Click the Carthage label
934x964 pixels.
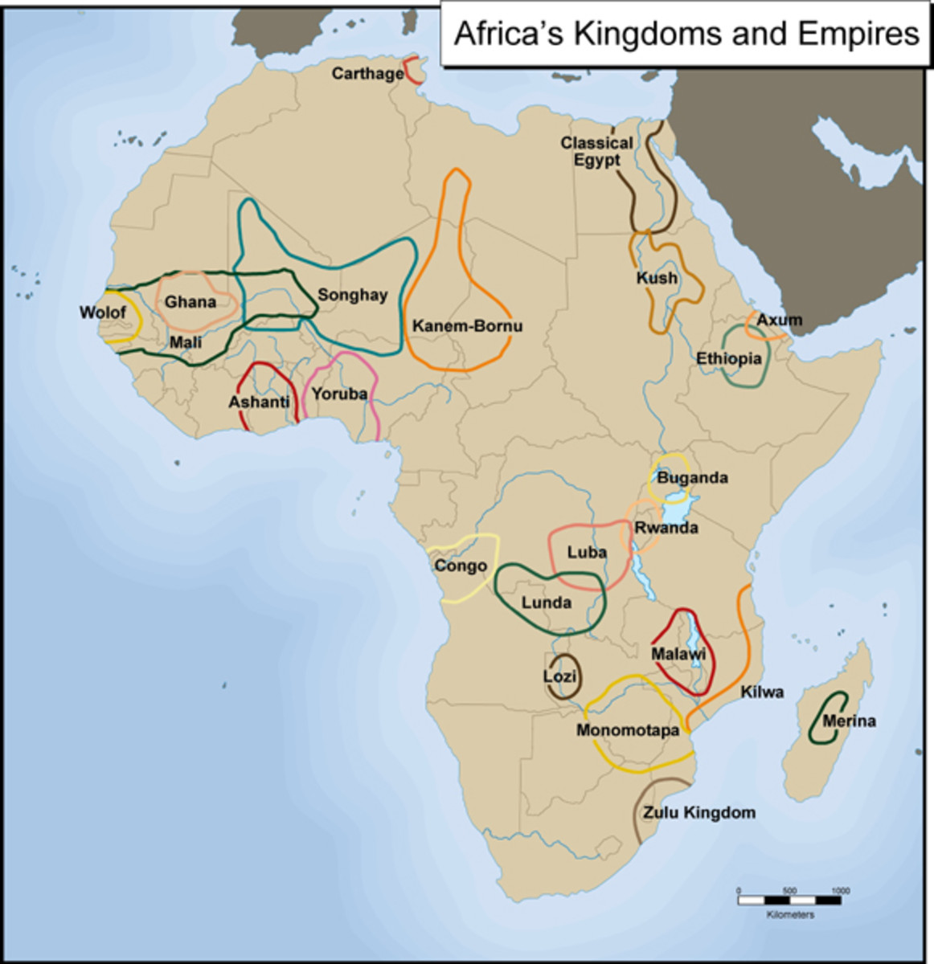coord(367,74)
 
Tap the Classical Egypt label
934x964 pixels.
coord(596,151)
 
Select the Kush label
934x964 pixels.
coord(657,278)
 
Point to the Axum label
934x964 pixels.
coord(780,320)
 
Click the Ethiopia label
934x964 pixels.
coord(728,358)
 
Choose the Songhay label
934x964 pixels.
coord(352,295)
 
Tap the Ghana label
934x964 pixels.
coord(190,302)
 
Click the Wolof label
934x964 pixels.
coord(103,312)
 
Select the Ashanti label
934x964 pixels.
coord(259,402)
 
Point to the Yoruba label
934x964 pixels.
coord(339,394)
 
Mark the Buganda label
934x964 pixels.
coord(692,478)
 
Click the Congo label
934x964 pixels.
coord(461,566)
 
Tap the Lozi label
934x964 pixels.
coord(559,676)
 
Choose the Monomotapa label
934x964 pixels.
coord(628,731)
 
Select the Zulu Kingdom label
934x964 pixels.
coord(699,812)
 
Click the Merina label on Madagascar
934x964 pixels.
coord(850,721)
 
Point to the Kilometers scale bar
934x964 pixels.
coord(789,901)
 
